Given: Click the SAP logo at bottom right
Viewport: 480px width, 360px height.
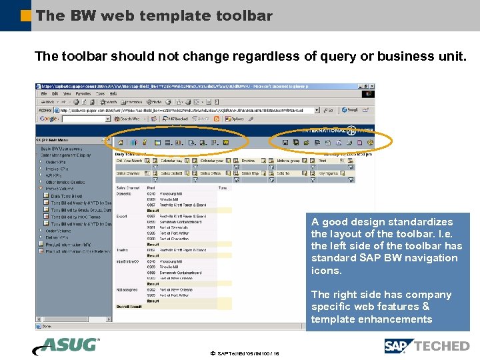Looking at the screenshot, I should click(398, 346).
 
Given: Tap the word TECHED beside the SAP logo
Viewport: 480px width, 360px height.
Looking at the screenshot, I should click(441, 346).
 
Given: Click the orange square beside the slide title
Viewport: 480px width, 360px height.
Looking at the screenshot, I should click(26, 15).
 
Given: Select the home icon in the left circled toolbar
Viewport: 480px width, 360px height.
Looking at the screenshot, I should click(121, 142).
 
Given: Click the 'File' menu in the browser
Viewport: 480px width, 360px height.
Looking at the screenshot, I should click(43, 94).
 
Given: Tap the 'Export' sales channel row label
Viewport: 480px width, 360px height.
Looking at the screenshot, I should click(123, 216).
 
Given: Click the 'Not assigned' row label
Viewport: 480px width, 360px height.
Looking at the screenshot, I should click(127, 290).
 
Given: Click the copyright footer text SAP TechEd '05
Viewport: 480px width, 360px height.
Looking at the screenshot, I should click(244, 353).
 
